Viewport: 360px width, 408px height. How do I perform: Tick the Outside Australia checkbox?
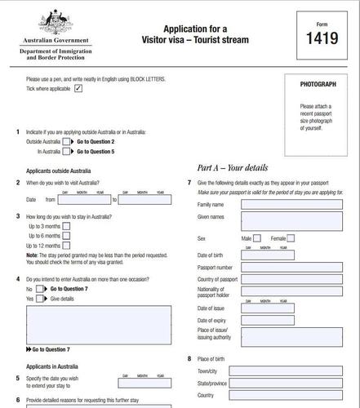coord(67,141)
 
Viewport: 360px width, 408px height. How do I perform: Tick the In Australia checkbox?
coord(67,151)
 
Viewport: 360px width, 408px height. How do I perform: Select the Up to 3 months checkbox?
coord(67,225)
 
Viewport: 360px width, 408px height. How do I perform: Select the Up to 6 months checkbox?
coord(67,235)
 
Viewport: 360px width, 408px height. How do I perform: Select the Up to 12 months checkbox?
coord(67,245)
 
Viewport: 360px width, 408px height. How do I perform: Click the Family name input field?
coord(291,204)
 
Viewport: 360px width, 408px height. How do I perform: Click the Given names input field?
coord(291,220)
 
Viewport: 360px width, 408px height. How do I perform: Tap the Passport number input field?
coord(291,267)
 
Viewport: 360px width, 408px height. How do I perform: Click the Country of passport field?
coord(291,280)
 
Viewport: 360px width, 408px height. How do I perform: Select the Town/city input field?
coord(291,371)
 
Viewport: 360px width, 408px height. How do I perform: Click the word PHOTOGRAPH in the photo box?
coord(317,84)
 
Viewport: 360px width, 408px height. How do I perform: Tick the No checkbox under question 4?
coord(42,289)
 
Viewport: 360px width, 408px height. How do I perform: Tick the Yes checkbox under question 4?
coord(42,299)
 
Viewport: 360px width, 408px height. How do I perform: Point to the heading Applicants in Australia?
coord(51,366)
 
